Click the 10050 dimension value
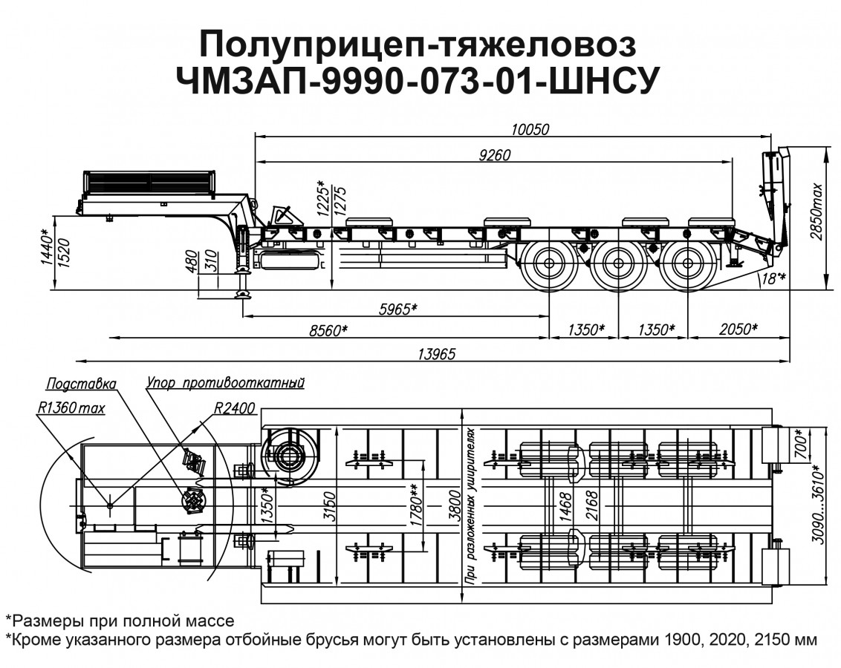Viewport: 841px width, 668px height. coord(550,129)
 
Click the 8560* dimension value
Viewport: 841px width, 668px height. coord(328,330)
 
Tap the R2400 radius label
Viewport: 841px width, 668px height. coord(233,408)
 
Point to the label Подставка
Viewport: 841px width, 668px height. coord(81,384)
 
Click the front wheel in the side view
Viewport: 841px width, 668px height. coord(551,264)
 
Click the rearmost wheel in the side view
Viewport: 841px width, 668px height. coord(684,264)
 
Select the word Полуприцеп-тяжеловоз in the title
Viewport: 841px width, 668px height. coord(418,45)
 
